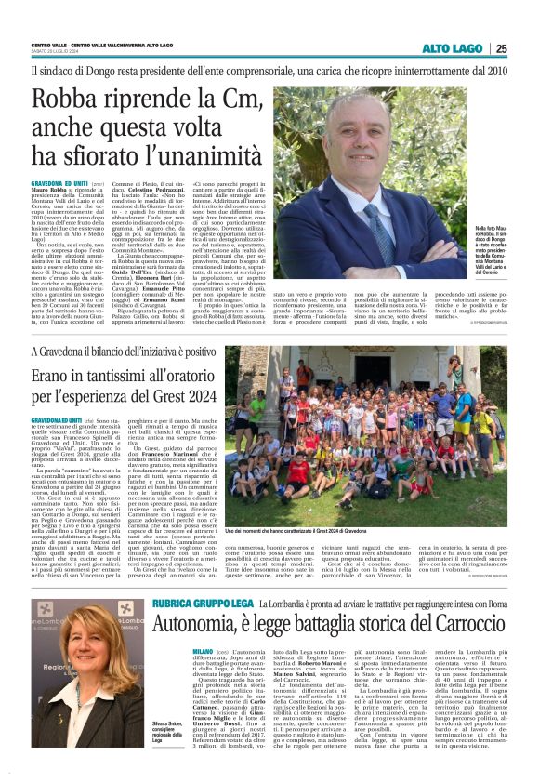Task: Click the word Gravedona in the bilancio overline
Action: [x=59, y=352]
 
